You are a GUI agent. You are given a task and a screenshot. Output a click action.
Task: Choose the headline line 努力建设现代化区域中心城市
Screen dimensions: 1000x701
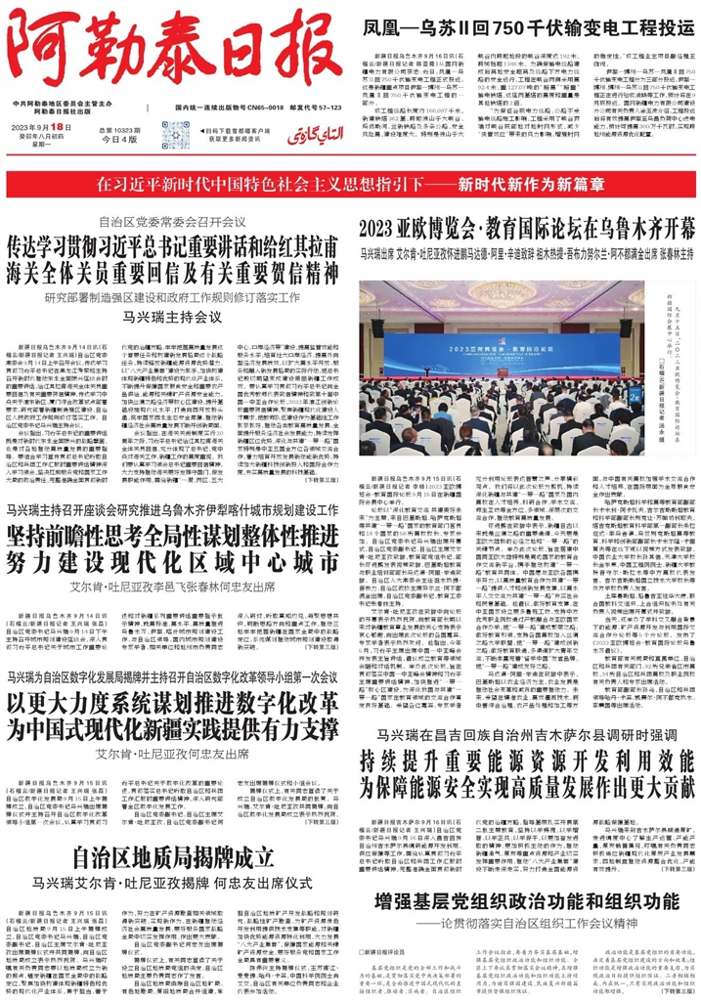click(x=172, y=564)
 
